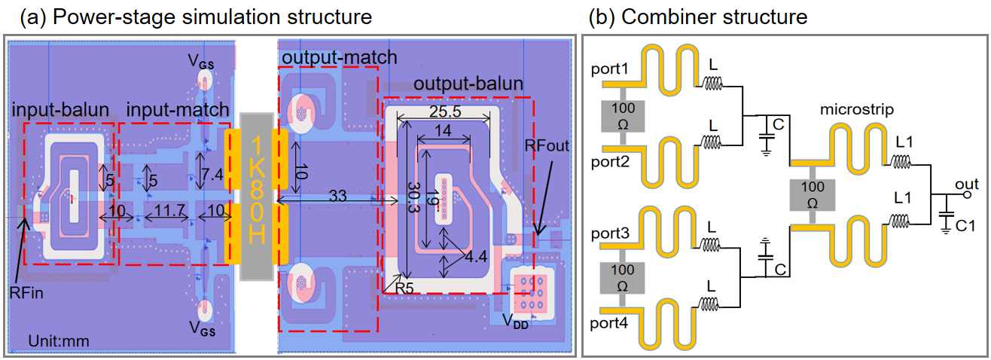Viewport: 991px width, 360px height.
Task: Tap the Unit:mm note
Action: [x=59, y=341]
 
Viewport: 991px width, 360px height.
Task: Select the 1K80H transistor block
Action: [x=255, y=194]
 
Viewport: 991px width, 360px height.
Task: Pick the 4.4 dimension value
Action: [x=476, y=258]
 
